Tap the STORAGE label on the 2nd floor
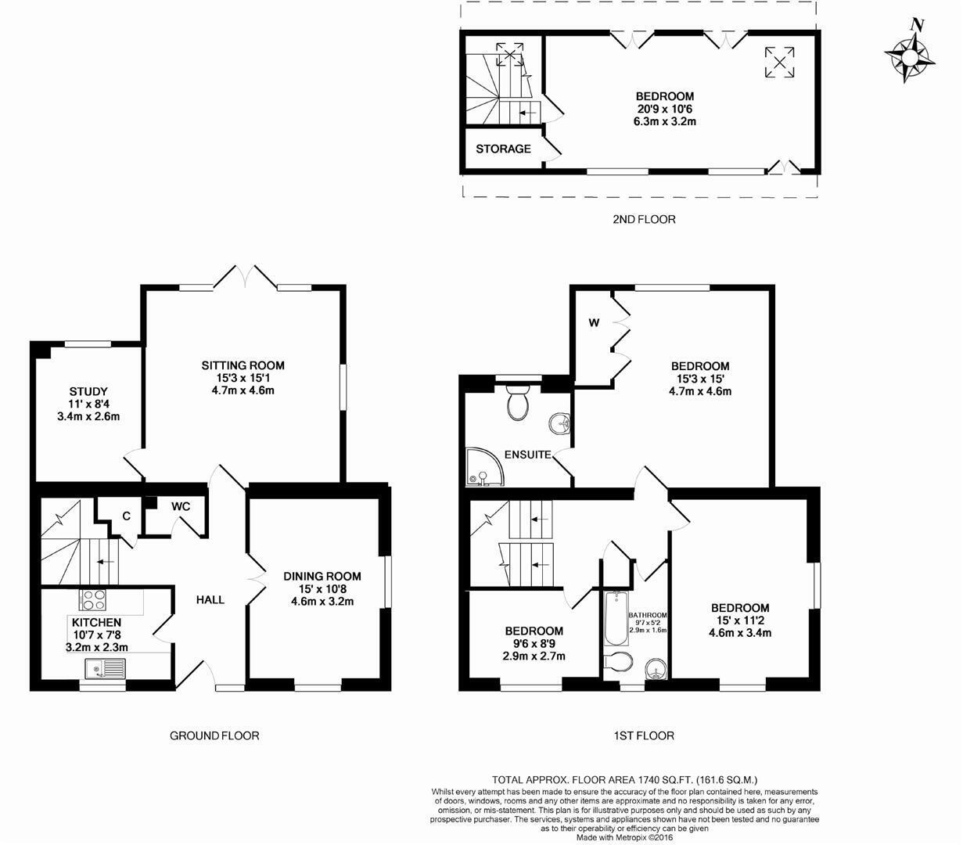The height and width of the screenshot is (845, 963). [x=503, y=149]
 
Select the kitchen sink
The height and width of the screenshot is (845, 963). [x=106, y=669]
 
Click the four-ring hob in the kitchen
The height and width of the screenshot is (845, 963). [x=92, y=599]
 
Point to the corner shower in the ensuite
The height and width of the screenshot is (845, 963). [x=484, y=467]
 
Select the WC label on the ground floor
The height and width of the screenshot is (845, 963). [x=181, y=506]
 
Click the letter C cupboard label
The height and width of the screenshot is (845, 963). [x=127, y=516]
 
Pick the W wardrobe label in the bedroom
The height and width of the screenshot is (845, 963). [x=594, y=323]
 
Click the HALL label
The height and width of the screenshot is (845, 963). [x=210, y=600]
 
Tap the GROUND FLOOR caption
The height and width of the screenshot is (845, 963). [x=214, y=735]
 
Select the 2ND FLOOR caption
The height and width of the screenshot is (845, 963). [x=644, y=219]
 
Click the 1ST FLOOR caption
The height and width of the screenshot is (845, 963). [x=644, y=735]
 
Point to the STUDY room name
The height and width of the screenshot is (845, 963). [x=88, y=392]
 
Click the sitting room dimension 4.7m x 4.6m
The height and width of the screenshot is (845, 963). [x=243, y=390]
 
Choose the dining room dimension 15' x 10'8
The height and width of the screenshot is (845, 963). [x=322, y=588]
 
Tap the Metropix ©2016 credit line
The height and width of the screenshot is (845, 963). [x=624, y=838]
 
